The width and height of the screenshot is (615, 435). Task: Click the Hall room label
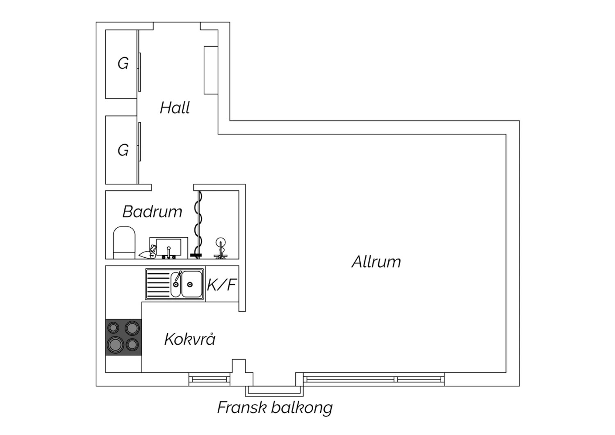pyautogui.click(x=175, y=108)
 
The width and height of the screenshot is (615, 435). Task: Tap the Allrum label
pyautogui.click(x=376, y=262)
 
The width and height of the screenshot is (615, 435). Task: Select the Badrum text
pyautogui.click(x=152, y=212)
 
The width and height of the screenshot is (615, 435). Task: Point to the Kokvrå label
pyautogui.click(x=190, y=339)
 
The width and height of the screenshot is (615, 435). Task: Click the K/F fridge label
pyautogui.click(x=221, y=285)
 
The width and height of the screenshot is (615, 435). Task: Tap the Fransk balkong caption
pyautogui.click(x=275, y=408)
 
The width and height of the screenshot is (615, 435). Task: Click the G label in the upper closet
pyautogui.click(x=123, y=64)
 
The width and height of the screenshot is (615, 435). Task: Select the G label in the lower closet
pyautogui.click(x=123, y=150)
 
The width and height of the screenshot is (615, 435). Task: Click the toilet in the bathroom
pyautogui.click(x=124, y=243)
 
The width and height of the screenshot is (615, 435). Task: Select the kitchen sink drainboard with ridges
pyautogui.click(x=158, y=284)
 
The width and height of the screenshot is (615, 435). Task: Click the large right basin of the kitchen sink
pyautogui.click(x=192, y=284)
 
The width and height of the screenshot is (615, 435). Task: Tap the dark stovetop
pyautogui.click(x=123, y=337)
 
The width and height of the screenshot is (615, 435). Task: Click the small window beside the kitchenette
pyautogui.click(x=210, y=380)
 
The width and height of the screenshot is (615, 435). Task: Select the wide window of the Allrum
pyautogui.click(x=374, y=380)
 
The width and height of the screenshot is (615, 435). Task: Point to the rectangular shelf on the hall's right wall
pyautogui.click(x=211, y=70)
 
